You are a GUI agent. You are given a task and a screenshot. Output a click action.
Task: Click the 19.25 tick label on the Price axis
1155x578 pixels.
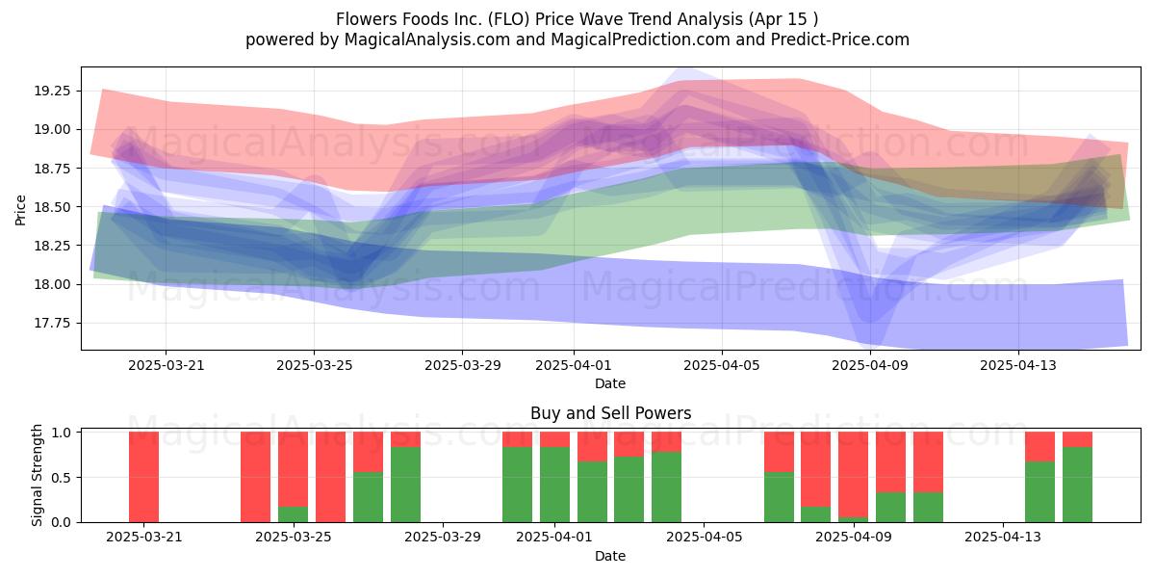click(x=52, y=91)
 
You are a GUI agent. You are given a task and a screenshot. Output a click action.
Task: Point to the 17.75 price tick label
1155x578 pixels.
click(x=52, y=323)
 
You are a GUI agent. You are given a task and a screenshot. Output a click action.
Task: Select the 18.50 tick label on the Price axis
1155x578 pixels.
click(x=52, y=207)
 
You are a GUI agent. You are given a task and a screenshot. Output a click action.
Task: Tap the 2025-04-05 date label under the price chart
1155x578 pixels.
click(x=721, y=365)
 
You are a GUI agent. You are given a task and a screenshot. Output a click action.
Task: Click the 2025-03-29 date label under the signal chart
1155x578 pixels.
click(x=443, y=537)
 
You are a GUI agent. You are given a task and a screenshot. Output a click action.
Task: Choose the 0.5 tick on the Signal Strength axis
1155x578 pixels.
click(x=62, y=478)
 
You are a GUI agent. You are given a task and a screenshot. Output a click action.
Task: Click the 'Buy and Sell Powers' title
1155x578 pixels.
click(x=610, y=413)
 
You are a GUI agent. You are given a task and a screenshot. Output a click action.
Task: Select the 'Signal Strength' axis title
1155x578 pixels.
click(x=37, y=475)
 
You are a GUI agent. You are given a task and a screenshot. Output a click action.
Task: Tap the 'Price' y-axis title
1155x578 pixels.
click(x=20, y=210)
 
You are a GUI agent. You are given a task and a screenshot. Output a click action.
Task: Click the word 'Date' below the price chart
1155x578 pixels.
click(x=610, y=383)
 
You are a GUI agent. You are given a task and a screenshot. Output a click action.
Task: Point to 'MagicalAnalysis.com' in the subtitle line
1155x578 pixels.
click(x=427, y=39)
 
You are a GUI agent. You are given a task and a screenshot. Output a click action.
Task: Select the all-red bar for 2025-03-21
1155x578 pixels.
click(x=143, y=477)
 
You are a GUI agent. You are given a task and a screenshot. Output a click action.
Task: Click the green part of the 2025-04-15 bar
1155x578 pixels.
click(x=1077, y=485)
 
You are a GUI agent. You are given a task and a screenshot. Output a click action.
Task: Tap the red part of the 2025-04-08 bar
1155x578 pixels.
click(x=816, y=469)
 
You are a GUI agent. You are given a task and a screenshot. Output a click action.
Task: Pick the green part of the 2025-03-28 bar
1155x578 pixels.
click(x=405, y=485)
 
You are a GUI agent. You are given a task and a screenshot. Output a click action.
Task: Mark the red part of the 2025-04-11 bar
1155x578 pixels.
click(x=928, y=461)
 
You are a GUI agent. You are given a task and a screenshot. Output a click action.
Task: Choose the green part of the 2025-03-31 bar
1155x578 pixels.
click(x=517, y=485)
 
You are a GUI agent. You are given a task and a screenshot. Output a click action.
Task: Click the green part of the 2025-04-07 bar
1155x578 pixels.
click(x=779, y=497)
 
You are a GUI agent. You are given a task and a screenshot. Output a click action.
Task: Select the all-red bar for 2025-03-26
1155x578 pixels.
click(x=330, y=477)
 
